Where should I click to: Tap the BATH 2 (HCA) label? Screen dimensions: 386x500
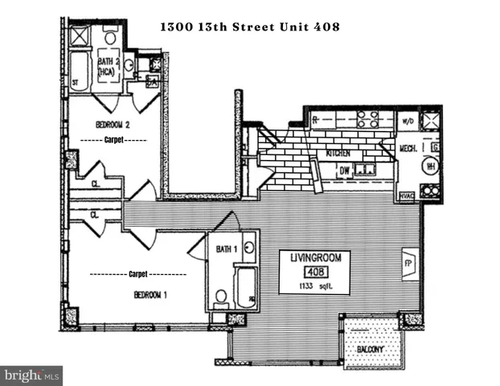(109, 67)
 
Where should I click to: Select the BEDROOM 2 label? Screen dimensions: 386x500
(113, 125)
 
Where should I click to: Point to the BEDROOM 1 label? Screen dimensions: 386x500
(150, 295)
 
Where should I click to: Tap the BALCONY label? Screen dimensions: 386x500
(368, 351)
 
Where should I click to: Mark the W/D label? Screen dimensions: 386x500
(408, 122)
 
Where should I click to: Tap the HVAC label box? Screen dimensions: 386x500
(405, 195)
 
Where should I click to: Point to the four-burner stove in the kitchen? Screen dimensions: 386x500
(368, 119)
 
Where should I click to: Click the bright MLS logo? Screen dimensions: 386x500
(32, 375)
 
